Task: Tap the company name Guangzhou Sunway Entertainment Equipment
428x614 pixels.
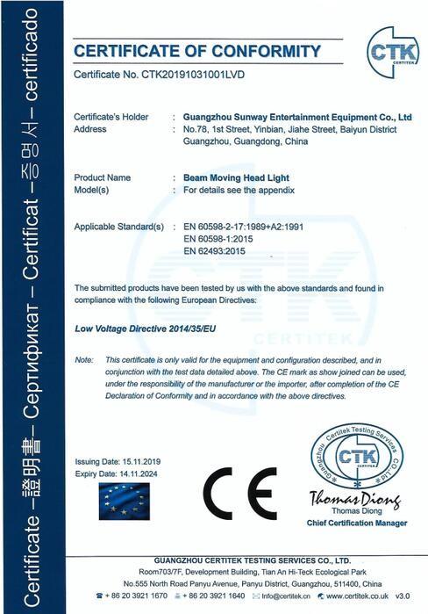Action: pos(292,117)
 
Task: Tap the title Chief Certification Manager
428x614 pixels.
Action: pos(357,523)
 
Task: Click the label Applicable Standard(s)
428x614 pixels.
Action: pos(119,227)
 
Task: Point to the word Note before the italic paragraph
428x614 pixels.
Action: pos(83,361)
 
